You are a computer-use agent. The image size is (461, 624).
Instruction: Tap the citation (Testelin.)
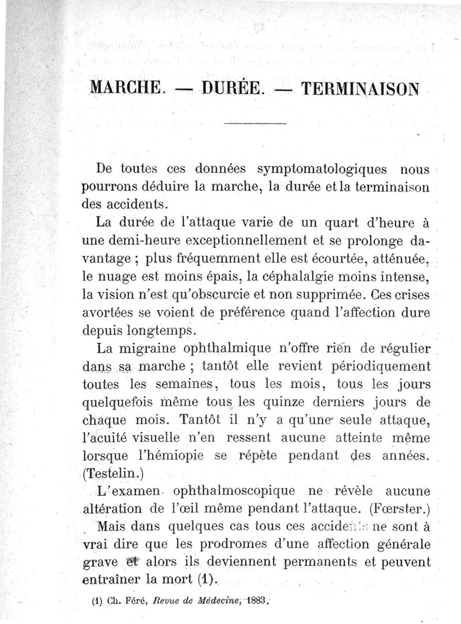pos(112,474)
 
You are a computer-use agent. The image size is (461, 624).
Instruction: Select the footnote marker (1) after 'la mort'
pos(205,579)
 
